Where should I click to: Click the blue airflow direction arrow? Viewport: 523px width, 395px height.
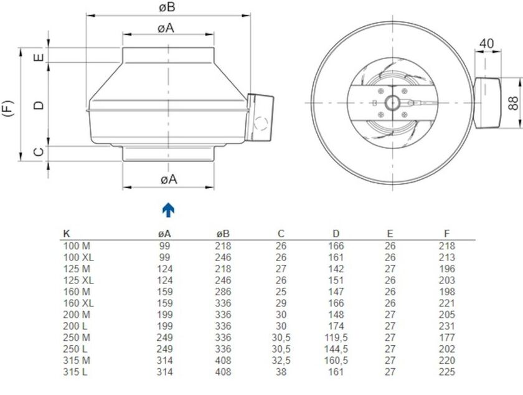tap(168, 210)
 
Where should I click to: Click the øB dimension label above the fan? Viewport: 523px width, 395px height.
tap(166, 7)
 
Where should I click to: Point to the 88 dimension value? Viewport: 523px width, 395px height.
tap(514, 103)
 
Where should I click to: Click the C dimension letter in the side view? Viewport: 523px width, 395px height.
tap(39, 152)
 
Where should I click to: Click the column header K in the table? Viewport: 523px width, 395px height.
tap(67, 234)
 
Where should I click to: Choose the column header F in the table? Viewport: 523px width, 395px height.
tap(446, 234)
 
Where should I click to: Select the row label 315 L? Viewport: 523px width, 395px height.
tap(76, 372)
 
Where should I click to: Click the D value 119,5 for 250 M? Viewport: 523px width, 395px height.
tap(336, 338)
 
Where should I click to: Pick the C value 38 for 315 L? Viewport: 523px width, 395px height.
tap(281, 372)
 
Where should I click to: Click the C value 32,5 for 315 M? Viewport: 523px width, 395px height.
tap(281, 361)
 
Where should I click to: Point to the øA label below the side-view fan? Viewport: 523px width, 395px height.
tap(168, 179)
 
